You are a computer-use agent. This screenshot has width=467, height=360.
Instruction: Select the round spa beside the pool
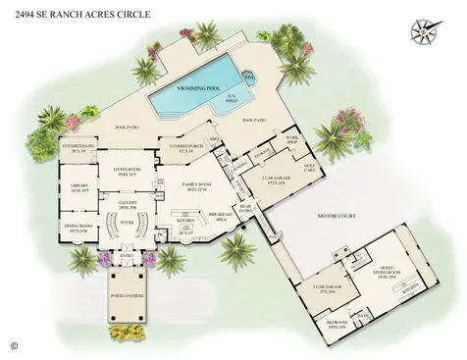248,75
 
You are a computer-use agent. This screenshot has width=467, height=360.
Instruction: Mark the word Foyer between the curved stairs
128,223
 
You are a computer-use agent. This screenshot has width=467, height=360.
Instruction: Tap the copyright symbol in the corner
14,345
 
